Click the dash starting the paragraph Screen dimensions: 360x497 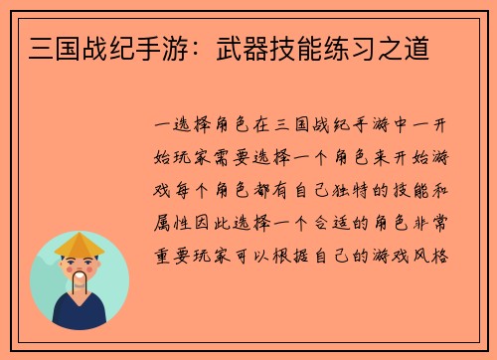tap(161, 126)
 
